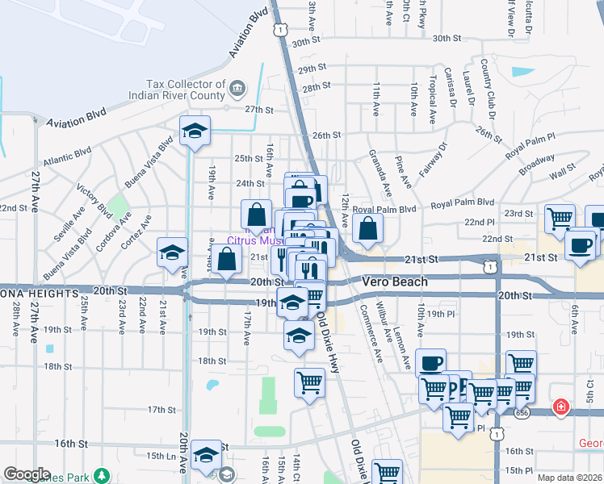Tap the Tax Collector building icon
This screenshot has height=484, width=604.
point(237,87)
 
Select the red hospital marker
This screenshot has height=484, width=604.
point(560,408)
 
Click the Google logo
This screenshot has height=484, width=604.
point(27,474)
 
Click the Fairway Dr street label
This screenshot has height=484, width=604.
point(434,161)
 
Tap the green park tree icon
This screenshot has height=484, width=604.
point(102,475)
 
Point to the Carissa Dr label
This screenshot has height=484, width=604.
point(454,87)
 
